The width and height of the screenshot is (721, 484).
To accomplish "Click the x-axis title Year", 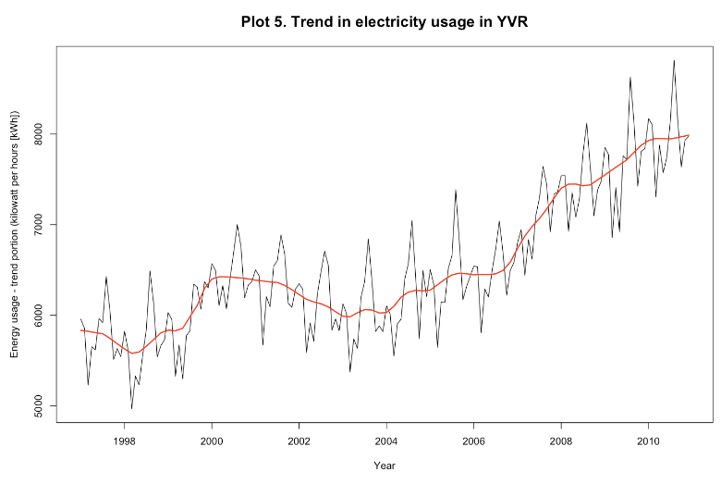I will click(x=385, y=465).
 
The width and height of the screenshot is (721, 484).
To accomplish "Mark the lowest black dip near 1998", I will click(x=131, y=408).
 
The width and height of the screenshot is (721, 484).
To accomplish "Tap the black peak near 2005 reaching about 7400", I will click(x=456, y=190).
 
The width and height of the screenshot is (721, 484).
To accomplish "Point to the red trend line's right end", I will click(x=689, y=135).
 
